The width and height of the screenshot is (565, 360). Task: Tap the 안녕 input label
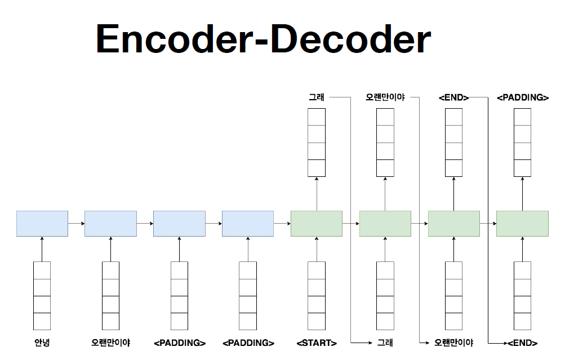pyautogui.click(x=42, y=343)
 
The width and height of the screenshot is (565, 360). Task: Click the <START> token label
pyautogui.click(x=317, y=343)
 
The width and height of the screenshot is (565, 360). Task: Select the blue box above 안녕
pyautogui.click(x=42, y=224)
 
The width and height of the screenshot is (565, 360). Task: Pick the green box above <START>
pyautogui.click(x=317, y=224)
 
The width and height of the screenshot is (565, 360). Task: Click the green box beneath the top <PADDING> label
pyautogui.click(x=522, y=224)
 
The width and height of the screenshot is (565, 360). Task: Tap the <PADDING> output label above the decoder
pyautogui.click(x=523, y=97)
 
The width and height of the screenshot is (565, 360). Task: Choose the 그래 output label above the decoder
pyautogui.click(x=316, y=97)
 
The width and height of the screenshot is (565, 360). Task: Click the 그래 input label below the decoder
pyautogui.click(x=385, y=343)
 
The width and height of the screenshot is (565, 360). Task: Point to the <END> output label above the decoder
pyautogui.click(x=453, y=97)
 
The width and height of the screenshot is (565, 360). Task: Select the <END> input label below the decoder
pyautogui.click(x=522, y=343)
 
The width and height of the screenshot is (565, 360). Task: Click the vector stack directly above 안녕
pyautogui.click(x=42, y=296)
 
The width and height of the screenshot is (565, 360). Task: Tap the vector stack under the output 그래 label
pyautogui.click(x=317, y=143)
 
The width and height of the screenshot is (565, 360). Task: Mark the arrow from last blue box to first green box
pyautogui.click(x=282, y=224)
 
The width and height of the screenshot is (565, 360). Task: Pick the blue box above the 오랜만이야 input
pyautogui.click(x=110, y=224)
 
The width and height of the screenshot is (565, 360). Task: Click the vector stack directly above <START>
pyautogui.click(x=317, y=296)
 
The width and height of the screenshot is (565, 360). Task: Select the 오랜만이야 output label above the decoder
pyautogui.click(x=385, y=97)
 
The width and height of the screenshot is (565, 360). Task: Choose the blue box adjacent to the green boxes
pyautogui.click(x=248, y=224)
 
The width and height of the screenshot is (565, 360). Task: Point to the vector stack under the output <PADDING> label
pyautogui.click(x=523, y=143)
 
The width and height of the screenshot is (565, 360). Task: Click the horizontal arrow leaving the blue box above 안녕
pyautogui.click(x=76, y=224)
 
